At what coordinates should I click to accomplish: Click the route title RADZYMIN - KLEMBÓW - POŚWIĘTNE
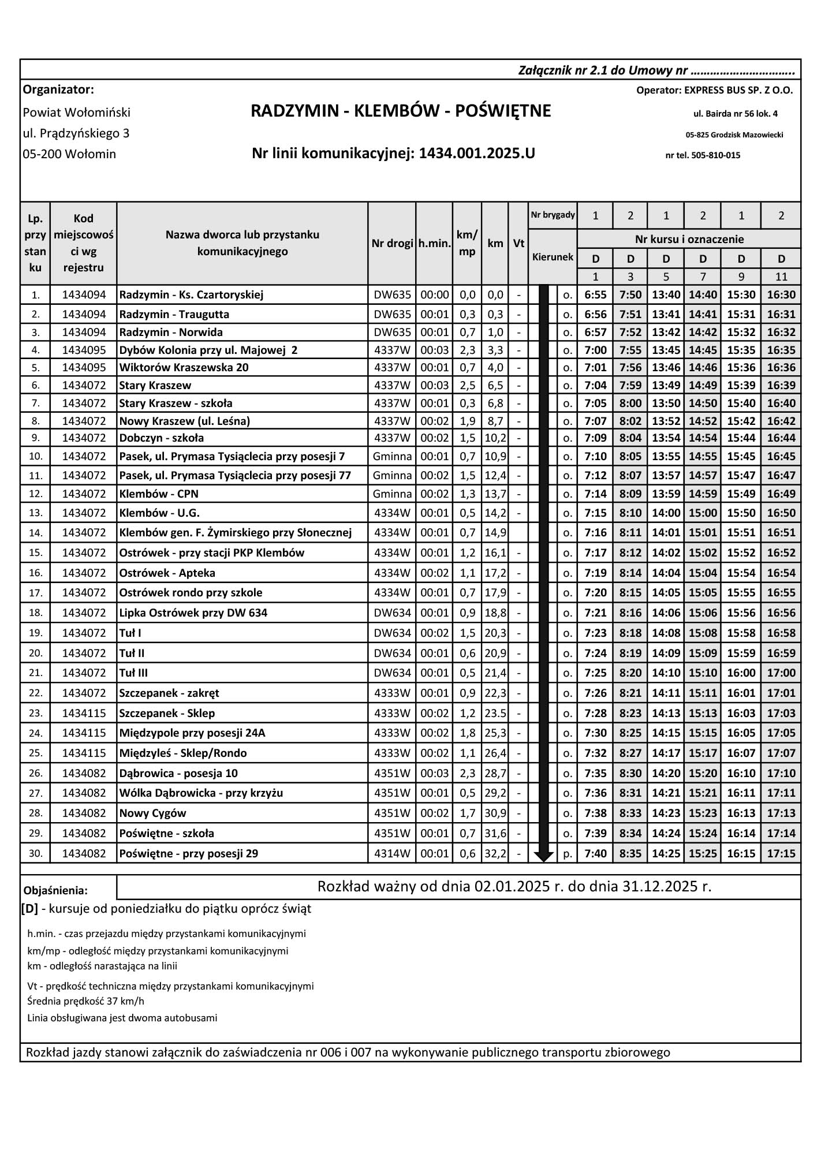click(401, 111)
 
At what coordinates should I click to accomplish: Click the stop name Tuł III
click(134, 673)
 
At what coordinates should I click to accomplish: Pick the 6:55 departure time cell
click(595, 295)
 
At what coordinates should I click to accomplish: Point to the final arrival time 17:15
click(781, 853)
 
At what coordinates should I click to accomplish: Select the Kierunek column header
click(553, 257)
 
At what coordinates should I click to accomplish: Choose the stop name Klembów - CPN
click(159, 494)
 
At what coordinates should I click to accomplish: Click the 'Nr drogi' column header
click(392, 244)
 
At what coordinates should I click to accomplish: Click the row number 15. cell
click(36, 552)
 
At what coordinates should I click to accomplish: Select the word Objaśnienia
click(55, 890)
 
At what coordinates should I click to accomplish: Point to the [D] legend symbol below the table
click(29, 909)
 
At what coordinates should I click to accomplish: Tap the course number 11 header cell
click(781, 277)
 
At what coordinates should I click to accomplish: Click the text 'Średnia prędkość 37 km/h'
click(85, 1001)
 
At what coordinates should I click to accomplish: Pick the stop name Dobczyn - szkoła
click(161, 438)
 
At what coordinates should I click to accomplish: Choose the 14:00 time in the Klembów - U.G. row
click(666, 513)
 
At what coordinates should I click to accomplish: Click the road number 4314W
click(392, 853)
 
